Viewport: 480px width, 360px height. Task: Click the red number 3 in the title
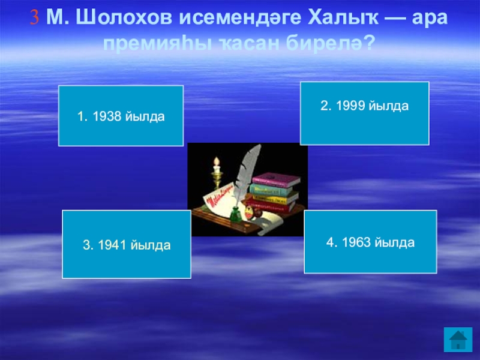pos(35,17)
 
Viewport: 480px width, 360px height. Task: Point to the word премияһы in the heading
pos(157,44)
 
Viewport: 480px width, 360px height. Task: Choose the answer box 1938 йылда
pos(121,116)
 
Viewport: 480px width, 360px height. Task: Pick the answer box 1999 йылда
pos(365,113)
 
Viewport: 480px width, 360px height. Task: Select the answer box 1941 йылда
pos(127,244)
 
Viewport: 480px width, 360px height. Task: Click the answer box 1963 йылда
pos(370,242)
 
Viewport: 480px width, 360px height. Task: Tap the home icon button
pos(458,340)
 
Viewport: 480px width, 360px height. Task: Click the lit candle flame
pos(217,161)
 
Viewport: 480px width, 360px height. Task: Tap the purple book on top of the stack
pos(276,179)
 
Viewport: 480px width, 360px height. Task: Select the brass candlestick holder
pos(217,179)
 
